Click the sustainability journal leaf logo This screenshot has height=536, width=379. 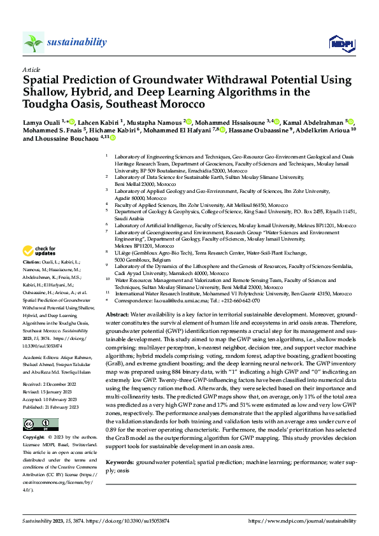34,43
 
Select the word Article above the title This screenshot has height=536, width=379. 31,69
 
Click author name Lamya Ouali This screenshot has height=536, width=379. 43,122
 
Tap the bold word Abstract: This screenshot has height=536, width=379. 118,297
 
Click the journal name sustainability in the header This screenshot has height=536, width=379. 77,42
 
